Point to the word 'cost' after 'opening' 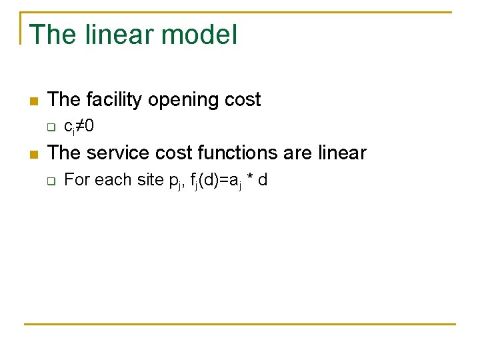[x=242, y=100]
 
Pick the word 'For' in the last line [x=76, y=179]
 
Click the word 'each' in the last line [x=110, y=179]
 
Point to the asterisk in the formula [x=249, y=179]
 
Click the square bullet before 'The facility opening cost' [x=33, y=101]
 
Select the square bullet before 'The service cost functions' [x=33, y=154]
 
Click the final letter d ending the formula [x=263, y=179]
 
